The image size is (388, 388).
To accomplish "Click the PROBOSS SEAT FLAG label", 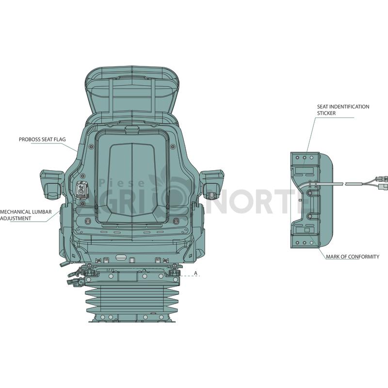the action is (42, 140).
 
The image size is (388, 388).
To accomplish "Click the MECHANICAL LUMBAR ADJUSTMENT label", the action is (26, 215).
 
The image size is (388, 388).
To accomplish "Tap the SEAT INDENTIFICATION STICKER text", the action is (343, 110).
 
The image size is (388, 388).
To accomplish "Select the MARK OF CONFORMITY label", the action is (353, 257).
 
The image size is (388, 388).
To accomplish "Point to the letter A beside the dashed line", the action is (196, 273).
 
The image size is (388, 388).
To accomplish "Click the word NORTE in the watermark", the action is (258, 202).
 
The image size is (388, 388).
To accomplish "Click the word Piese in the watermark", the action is (122, 183).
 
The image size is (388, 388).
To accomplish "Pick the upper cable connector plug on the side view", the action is (379, 179).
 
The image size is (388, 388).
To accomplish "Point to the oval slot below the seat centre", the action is (121, 257).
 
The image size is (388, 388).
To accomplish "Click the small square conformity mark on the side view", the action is (307, 230).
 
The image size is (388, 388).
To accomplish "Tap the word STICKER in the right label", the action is (326, 113).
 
